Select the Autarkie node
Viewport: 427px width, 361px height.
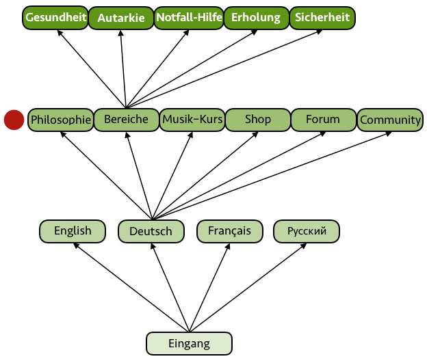(x=121, y=18)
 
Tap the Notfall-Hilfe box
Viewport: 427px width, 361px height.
(x=188, y=18)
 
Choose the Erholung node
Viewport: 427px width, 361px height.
(x=255, y=18)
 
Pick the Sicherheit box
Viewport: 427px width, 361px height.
(x=322, y=18)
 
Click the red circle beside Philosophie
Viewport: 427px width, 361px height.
(x=14, y=120)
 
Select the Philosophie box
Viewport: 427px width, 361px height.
(x=60, y=120)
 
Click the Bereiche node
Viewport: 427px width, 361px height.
(x=126, y=120)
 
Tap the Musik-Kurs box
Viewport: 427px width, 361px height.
(x=192, y=120)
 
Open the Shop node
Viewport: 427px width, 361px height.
(x=257, y=120)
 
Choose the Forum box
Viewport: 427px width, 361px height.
(x=323, y=120)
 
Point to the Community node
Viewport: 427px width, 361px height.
(x=390, y=120)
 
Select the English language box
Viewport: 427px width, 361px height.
(x=73, y=231)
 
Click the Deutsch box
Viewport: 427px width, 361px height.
(x=151, y=232)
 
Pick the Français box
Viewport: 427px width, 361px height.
(x=229, y=231)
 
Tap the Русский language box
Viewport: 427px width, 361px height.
(x=307, y=231)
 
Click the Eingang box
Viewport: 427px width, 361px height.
(x=190, y=343)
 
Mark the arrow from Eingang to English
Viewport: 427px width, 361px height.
(x=130, y=287)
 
